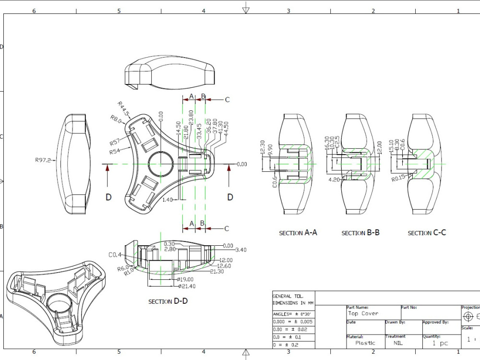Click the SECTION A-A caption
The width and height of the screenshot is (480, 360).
[298, 233]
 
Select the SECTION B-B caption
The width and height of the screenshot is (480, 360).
[360, 233]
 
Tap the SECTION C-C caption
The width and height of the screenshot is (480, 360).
[427, 233]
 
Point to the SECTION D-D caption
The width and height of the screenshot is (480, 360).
[168, 301]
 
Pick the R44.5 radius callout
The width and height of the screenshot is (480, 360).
[123, 109]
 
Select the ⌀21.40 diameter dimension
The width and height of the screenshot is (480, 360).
[186, 287]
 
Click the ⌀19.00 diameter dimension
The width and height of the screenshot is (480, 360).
[185, 279]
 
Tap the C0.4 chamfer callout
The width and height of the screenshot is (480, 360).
[115, 255]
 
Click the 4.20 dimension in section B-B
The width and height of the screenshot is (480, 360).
[334, 180]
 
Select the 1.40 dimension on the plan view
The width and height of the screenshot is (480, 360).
[167, 199]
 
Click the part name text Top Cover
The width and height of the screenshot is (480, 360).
[363, 313]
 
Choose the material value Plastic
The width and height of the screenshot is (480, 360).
[365, 343]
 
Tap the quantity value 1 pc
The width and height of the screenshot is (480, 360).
[440, 343]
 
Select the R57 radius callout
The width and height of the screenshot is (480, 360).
[115, 143]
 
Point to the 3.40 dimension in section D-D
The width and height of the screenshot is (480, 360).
[241, 250]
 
